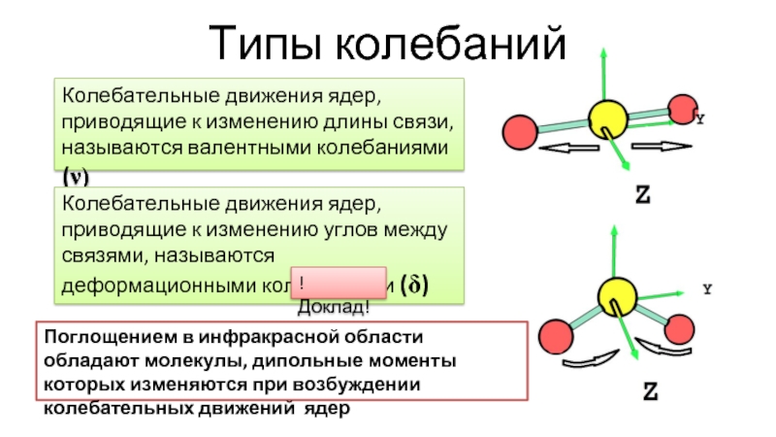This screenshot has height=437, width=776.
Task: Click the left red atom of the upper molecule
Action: [x=521, y=130]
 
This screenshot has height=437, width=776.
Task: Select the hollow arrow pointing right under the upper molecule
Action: [x=663, y=147]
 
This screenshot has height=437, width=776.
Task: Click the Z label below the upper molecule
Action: [x=643, y=194]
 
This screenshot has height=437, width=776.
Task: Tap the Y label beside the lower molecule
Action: [x=707, y=289]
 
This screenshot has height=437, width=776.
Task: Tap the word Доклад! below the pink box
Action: [x=333, y=308]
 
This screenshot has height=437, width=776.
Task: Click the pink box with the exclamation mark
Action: [x=338, y=282]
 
